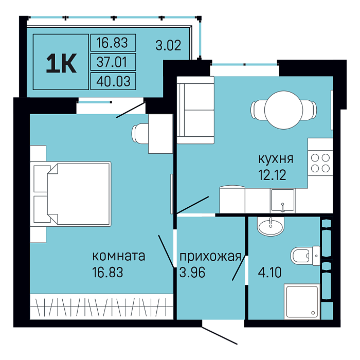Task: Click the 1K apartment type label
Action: pyautogui.click(x=61, y=63)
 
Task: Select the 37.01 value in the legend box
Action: pyautogui.click(x=112, y=62)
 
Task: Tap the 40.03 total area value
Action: pyautogui.click(x=114, y=81)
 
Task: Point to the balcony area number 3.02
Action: pyautogui.click(x=169, y=45)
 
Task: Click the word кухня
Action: pyautogui.click(x=276, y=159)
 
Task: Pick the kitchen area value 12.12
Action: pyautogui.click(x=272, y=175)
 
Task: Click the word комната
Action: pyautogui.click(x=119, y=256)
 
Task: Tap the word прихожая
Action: pyautogui.click(x=210, y=257)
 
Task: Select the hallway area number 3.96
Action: pyautogui.click(x=192, y=273)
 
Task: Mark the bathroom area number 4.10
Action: pyautogui.click(x=270, y=273)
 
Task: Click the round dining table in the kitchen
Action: pyautogui.click(x=284, y=110)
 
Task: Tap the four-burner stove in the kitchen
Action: pyautogui.click(x=320, y=163)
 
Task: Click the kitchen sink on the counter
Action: pyautogui.click(x=282, y=200)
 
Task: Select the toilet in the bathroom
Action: pyautogui.click(x=305, y=256)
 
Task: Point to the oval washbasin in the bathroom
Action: pyautogui.click(x=271, y=226)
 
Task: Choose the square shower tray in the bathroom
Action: pyautogui.click(x=302, y=301)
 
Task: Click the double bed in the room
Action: pyautogui.click(x=71, y=194)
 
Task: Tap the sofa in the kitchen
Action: pyautogui.click(x=195, y=110)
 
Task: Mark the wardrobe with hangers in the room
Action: pyautogui.click(x=101, y=307)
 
